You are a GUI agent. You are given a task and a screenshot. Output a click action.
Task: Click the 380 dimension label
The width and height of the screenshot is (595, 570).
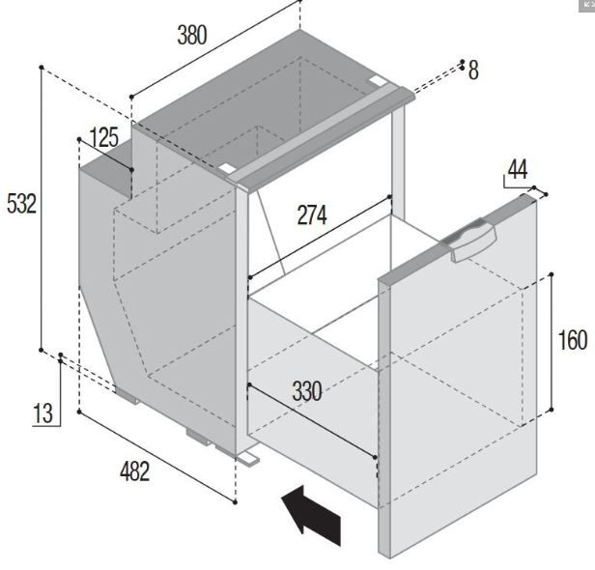coord(192,35)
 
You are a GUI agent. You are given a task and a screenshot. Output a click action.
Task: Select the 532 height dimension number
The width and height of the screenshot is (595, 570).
coord(21,204)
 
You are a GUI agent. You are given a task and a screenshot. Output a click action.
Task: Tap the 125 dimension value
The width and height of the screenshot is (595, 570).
coord(104,137)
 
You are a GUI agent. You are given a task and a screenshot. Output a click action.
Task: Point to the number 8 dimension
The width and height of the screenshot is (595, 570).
coord(473,71)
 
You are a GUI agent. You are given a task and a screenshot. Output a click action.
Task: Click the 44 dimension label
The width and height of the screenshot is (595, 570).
coord(518,169)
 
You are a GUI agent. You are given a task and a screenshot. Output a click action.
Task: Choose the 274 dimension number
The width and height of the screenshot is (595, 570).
coord(312,214)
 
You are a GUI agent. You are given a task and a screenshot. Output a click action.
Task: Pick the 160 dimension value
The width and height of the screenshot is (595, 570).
coord(573,340)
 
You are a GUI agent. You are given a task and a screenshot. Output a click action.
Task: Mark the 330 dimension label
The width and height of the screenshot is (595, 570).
coord(307,391)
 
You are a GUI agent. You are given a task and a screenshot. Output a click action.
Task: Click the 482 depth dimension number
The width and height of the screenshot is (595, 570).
coord(134,471)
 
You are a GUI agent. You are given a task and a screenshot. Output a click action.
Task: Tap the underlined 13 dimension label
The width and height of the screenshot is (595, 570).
coord(42,413)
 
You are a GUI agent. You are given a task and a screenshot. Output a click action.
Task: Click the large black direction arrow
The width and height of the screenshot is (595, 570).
coord(311,515)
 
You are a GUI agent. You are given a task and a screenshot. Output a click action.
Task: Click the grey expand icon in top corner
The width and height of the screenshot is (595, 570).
coord(586,5)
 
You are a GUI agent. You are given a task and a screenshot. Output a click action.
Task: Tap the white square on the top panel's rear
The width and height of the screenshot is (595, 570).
coord(376,80)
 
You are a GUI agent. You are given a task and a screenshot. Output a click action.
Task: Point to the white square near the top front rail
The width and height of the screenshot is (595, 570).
coord(227,168)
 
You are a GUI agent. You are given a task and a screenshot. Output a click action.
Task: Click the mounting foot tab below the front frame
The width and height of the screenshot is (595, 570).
coord(248,459)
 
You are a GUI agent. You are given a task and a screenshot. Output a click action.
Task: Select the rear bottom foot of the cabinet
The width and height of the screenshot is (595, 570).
coord(127,396)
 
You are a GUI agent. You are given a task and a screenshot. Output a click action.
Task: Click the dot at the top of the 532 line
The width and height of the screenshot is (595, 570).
coord(42,68)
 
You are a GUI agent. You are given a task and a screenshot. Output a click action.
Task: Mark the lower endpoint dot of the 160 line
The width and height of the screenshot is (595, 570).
coord(552,410)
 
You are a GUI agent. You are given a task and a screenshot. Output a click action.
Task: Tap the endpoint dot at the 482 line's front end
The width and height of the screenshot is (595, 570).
coord(236,502)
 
